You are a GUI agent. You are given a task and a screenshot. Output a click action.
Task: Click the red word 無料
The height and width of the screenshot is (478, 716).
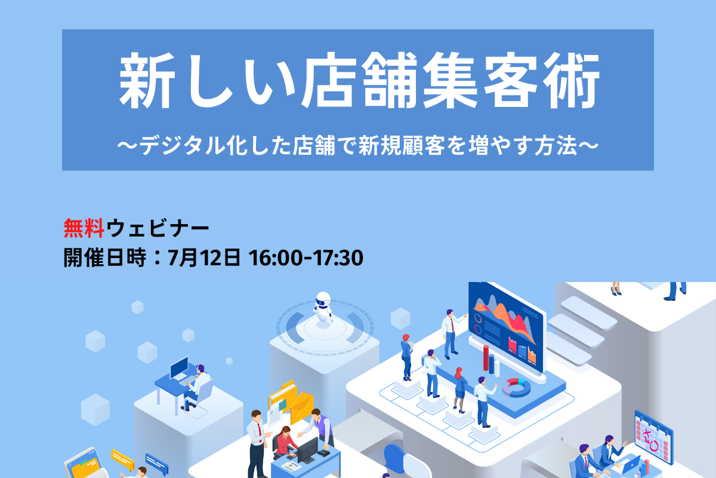84,228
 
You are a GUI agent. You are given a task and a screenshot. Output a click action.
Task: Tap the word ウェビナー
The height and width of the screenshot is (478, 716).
158,228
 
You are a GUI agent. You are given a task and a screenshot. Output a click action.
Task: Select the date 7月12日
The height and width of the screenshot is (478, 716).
204,258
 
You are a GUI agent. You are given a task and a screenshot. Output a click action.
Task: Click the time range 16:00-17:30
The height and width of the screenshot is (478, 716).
306,258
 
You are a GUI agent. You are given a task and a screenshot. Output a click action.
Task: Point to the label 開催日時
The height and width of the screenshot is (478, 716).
105,258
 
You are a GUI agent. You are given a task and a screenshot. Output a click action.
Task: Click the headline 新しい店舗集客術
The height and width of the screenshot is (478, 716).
359,80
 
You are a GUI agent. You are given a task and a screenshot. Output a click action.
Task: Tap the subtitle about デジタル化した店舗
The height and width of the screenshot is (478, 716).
358,146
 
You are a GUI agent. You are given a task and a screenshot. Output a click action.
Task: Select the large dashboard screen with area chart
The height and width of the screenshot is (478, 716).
507,328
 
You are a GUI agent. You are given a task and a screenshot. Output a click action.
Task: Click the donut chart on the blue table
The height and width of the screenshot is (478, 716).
516,387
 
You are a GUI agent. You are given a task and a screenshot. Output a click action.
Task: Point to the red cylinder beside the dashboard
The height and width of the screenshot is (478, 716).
486,358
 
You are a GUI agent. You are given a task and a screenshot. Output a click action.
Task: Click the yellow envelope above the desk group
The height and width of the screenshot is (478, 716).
302,407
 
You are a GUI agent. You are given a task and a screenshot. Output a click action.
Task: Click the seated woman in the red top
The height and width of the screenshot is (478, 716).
285,442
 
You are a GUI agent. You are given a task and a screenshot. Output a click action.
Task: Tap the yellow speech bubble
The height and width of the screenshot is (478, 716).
123,461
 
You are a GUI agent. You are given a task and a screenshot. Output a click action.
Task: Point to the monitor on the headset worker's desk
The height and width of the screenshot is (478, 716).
179,368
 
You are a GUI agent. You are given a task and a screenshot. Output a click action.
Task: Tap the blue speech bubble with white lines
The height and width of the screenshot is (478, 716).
156,464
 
